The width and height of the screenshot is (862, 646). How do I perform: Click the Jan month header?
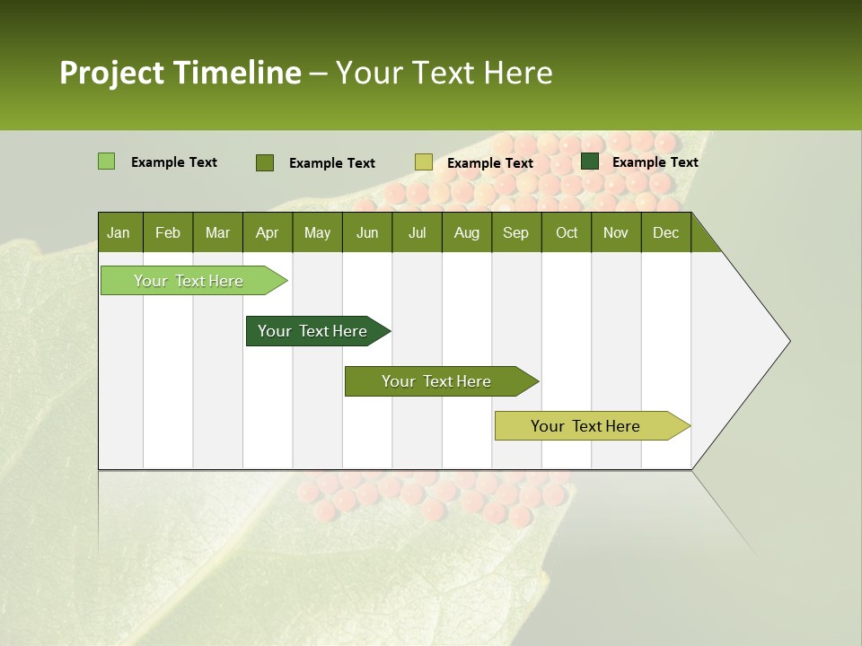[119, 232]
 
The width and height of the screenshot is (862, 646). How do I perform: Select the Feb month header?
[168, 232]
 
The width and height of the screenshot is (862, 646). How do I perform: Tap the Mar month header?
[217, 232]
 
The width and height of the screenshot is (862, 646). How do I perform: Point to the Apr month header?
[267, 232]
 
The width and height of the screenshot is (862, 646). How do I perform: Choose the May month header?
[317, 232]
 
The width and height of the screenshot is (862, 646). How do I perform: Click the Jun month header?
[367, 232]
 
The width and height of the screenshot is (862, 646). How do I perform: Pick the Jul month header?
[417, 232]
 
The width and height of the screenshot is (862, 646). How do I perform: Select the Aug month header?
[467, 232]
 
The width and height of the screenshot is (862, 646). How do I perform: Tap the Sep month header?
[515, 232]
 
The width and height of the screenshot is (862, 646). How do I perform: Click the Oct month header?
[567, 232]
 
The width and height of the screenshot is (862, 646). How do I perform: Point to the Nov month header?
[616, 232]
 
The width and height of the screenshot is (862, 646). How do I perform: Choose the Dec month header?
[665, 232]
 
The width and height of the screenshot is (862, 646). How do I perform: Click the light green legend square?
[107, 161]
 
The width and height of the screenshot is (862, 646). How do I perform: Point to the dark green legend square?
[590, 161]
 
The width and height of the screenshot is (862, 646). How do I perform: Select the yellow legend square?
[424, 162]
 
